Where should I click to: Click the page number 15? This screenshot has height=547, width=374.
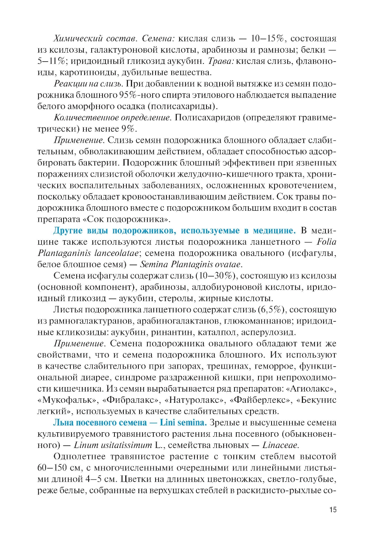(332, 510)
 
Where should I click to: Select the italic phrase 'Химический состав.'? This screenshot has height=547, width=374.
(96, 38)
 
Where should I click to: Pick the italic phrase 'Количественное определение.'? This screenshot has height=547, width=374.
(113, 118)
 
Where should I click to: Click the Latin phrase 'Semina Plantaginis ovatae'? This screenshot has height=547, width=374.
(190, 265)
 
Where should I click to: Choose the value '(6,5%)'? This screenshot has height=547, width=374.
(272, 310)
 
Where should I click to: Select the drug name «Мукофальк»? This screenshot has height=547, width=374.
(67, 400)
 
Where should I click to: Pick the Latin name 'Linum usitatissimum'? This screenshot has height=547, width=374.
(113, 445)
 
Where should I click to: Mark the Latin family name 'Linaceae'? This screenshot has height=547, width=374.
(280, 445)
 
